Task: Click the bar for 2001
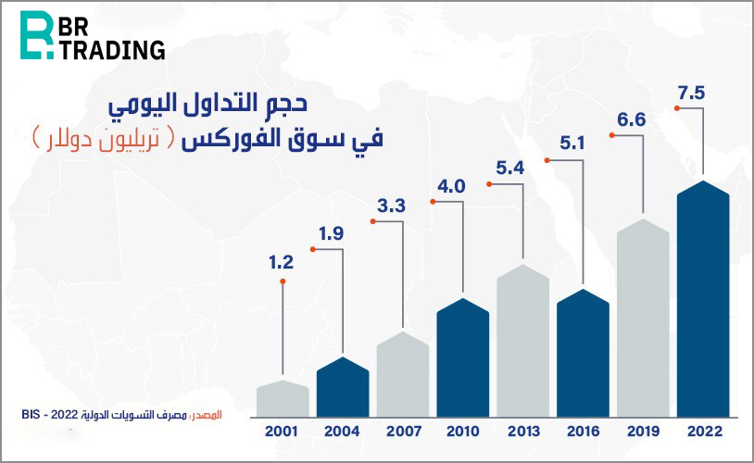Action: tap(282, 398)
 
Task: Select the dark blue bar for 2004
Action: tap(343, 387)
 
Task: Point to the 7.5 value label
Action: tap(692, 93)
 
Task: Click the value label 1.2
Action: tap(282, 263)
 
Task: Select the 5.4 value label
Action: tap(510, 169)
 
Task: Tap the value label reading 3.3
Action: tap(391, 206)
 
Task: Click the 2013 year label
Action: tap(523, 432)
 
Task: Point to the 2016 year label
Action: tap(584, 432)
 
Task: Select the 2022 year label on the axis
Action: tap(704, 432)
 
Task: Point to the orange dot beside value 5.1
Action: tap(550, 159)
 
